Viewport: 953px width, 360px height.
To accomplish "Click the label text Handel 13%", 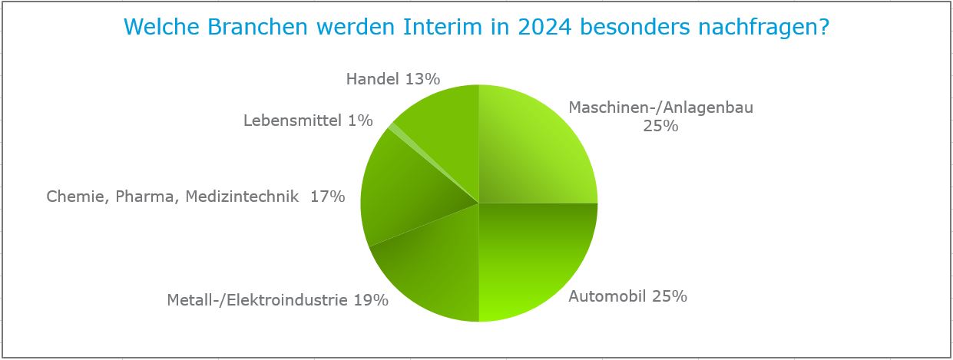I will pos(392,78).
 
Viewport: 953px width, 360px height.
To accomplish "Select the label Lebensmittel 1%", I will pos(308,121).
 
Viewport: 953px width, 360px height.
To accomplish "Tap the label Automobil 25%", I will pos(627,296).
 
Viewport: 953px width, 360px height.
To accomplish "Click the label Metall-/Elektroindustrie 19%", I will pos(277,299).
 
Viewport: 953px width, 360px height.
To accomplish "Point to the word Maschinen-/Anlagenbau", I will pos(660,107).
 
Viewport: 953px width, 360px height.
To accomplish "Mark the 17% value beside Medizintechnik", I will pos(328,197).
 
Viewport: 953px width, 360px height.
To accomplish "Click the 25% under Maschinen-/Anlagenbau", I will pos(660,126).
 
